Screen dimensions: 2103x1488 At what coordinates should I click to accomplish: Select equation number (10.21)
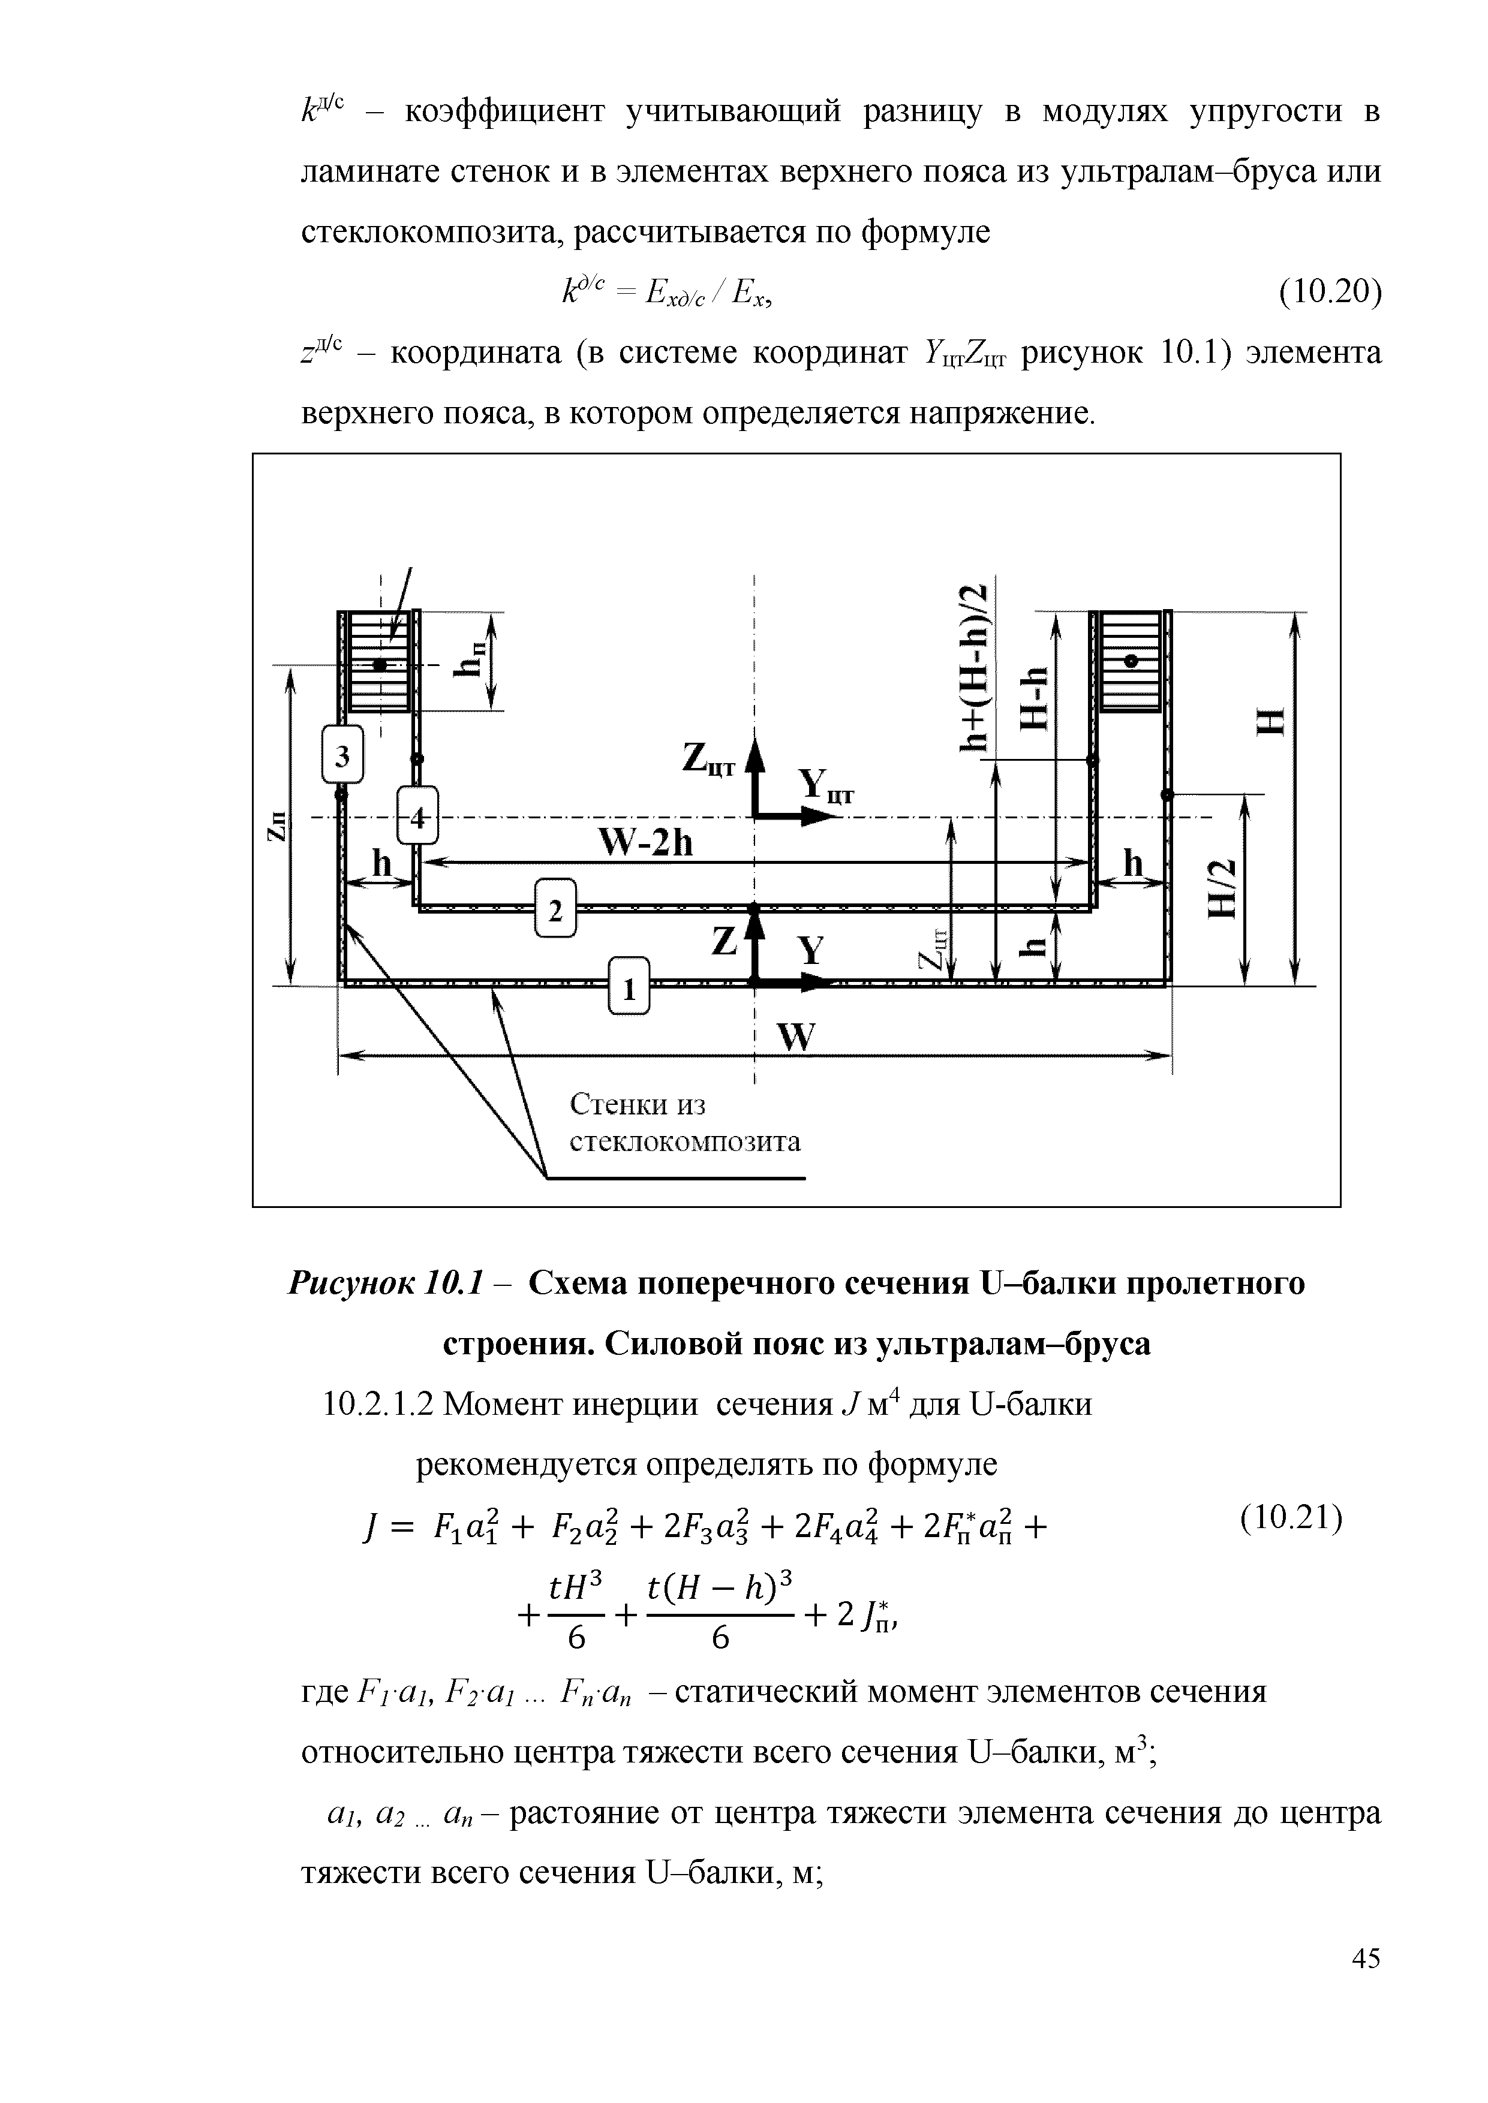tap(1291, 1518)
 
